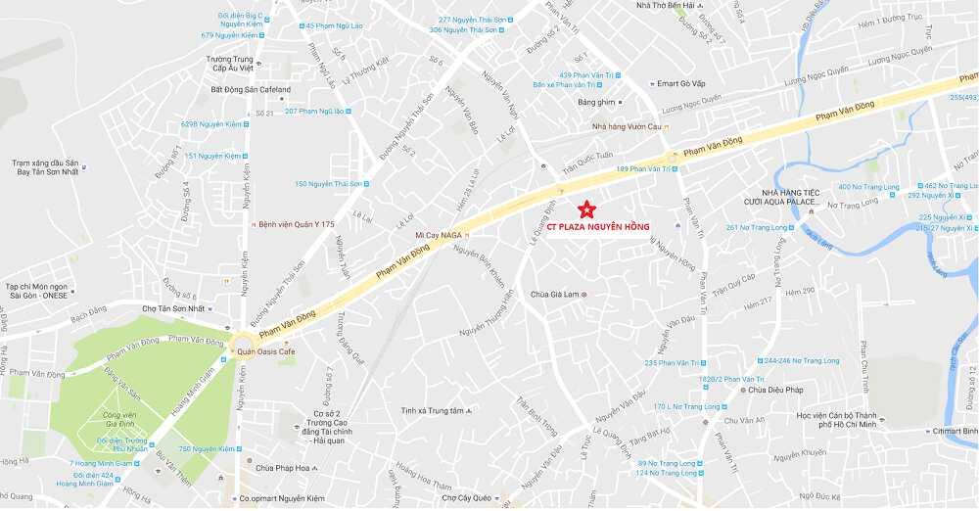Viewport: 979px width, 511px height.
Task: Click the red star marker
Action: coord(586,209)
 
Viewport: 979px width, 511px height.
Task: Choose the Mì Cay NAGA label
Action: coord(438,236)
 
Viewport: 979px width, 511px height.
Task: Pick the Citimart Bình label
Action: coord(954,431)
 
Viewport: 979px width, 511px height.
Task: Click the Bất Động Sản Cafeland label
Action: coord(251,90)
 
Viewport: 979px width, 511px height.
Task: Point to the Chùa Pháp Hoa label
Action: coord(276,468)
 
